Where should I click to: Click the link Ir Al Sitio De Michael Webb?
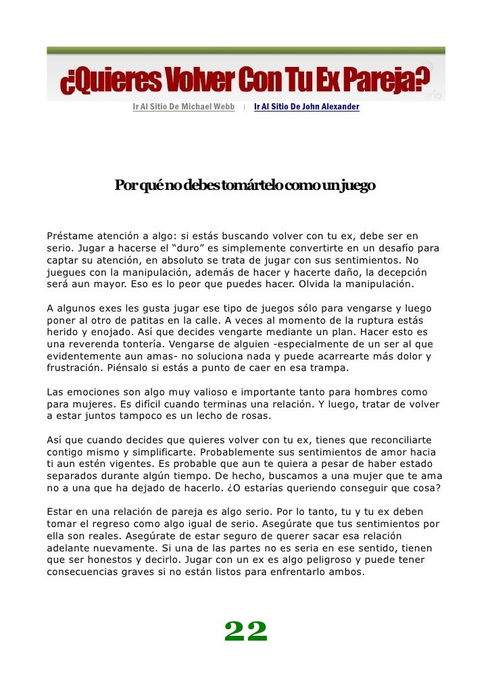click(183, 107)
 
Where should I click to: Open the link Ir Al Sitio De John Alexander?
click(307, 107)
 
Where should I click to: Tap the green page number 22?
click(246, 632)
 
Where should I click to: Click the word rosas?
click(253, 416)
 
